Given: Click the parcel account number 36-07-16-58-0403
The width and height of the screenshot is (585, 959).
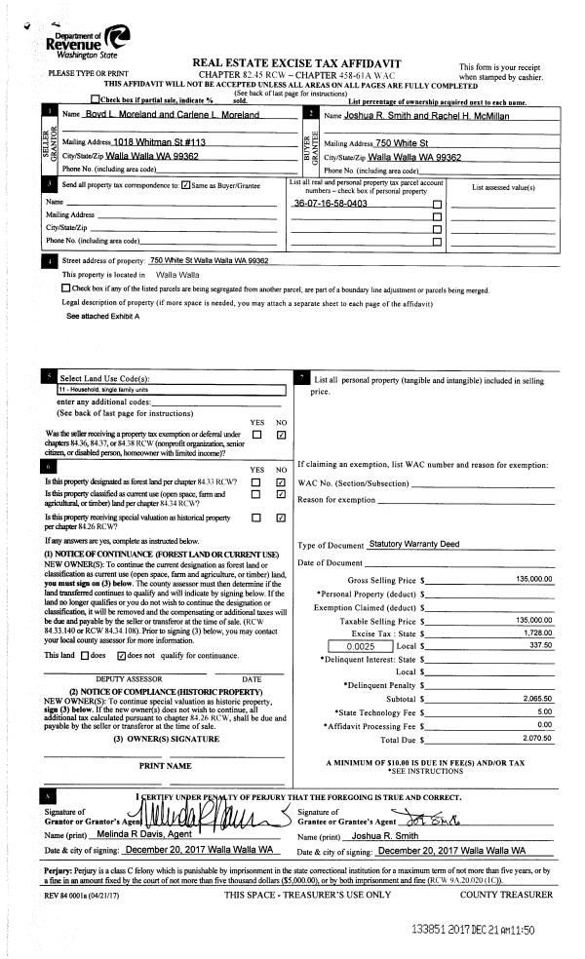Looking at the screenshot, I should (x=331, y=204).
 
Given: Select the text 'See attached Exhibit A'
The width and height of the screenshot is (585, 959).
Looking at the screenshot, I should (x=102, y=317).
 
